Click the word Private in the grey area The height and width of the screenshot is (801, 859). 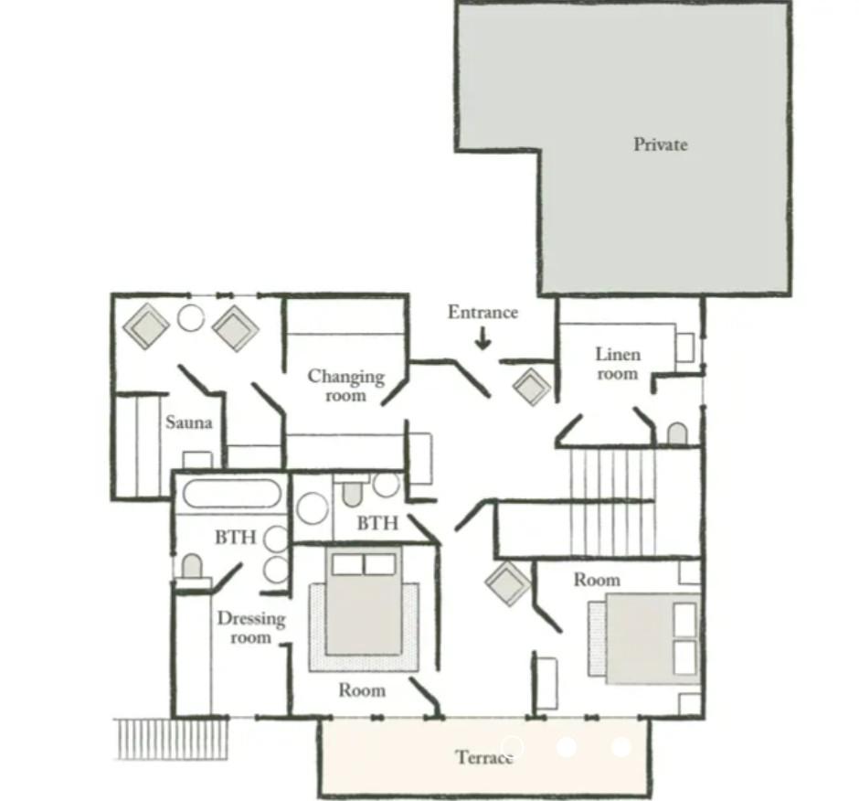click(660, 144)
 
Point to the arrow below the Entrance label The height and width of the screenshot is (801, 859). click(483, 338)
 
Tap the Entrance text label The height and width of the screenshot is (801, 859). click(483, 312)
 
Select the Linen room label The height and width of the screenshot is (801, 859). click(618, 364)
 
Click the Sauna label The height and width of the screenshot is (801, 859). click(188, 422)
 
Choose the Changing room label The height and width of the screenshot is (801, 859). click(345, 386)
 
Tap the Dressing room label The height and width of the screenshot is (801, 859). click(251, 628)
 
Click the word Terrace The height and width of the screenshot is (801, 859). click(485, 757)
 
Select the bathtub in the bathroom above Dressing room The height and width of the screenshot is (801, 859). click(232, 494)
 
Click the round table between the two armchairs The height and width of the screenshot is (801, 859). click(191, 317)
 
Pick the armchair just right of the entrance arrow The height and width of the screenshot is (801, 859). click(532, 387)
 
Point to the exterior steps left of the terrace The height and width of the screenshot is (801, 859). click(172, 739)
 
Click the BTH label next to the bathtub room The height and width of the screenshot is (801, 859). click(236, 537)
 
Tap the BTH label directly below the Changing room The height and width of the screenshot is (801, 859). click(377, 523)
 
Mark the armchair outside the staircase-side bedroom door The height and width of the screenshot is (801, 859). click(508, 583)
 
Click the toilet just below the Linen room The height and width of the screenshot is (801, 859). click(677, 433)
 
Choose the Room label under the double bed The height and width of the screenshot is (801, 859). click(362, 689)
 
